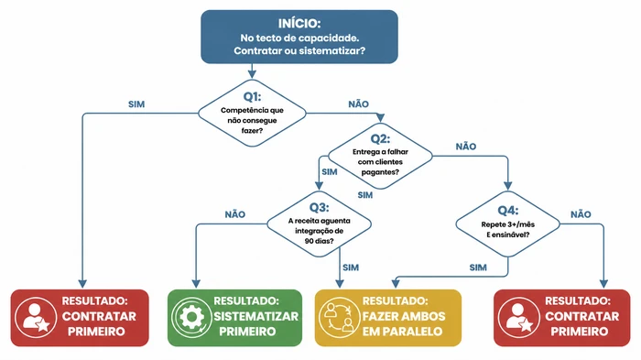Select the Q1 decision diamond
point(253,113)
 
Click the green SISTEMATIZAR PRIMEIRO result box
point(234,317)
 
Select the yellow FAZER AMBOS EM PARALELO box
point(388,317)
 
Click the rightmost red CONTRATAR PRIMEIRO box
point(561,317)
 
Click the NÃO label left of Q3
point(234,213)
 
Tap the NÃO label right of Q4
point(581,213)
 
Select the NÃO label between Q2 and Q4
point(465,146)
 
